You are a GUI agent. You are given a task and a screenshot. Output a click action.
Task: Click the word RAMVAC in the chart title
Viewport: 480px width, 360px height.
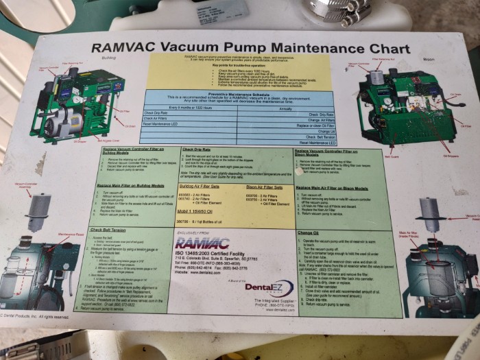pyautogui.click(x=123, y=49)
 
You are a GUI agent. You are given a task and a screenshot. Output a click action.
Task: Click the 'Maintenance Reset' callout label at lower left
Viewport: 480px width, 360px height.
pyautogui.click(x=72, y=235)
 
